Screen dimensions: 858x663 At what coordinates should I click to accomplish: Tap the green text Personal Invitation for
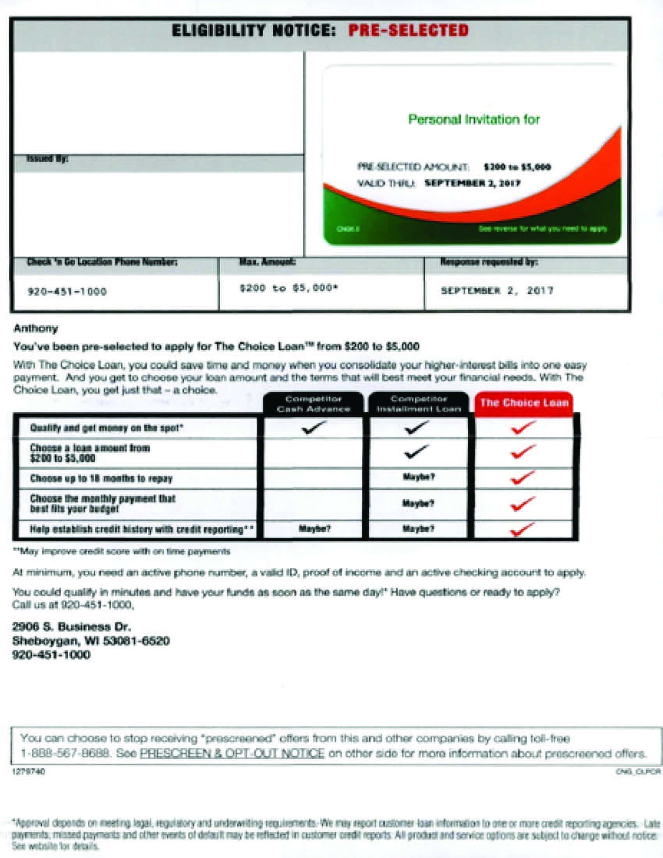point(474,119)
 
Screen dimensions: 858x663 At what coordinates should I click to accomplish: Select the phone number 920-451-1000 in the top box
point(67,291)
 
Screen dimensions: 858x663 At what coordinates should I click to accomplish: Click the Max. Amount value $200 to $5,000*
point(289,289)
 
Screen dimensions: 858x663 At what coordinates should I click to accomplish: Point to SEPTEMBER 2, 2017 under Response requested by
point(497,291)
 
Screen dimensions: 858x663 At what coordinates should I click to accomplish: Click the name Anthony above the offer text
point(36,328)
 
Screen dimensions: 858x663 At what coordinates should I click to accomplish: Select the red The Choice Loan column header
point(524,403)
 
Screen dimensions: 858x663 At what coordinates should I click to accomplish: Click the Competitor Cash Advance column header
point(313,404)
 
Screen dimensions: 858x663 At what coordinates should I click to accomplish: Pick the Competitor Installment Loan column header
point(418,404)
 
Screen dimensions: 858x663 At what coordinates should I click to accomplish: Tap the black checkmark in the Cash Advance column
point(314,427)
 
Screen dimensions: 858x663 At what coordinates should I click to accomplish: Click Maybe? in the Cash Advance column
point(315,529)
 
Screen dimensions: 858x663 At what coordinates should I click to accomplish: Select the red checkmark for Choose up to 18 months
point(523,478)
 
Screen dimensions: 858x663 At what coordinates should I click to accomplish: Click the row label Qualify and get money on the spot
point(106,428)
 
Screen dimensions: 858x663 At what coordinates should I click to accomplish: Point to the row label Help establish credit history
point(142,530)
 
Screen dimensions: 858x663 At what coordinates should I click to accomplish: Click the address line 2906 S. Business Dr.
point(71,626)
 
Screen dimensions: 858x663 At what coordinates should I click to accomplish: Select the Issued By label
point(47,159)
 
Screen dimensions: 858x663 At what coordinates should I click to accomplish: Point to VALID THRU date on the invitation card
point(473,183)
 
